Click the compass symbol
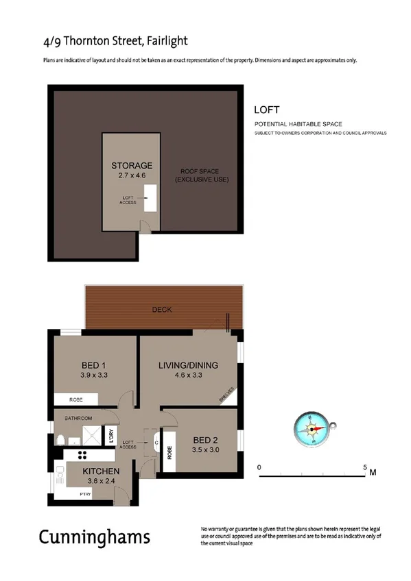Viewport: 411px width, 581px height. (312, 430)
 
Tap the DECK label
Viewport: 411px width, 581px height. (162, 310)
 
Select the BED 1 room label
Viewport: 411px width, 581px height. (93, 364)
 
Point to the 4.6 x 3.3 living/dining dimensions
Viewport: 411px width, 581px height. (188, 375)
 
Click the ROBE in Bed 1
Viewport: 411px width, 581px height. (77, 399)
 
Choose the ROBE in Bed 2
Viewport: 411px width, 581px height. (169, 451)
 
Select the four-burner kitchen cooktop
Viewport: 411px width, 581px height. (82, 455)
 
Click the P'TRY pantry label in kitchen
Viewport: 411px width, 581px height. (85, 493)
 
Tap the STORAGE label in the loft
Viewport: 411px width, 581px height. (132, 166)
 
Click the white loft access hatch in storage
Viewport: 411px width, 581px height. (149, 197)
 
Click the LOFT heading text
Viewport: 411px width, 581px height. (266, 109)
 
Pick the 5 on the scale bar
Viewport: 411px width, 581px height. (364, 467)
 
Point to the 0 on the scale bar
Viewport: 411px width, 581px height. (259, 467)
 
